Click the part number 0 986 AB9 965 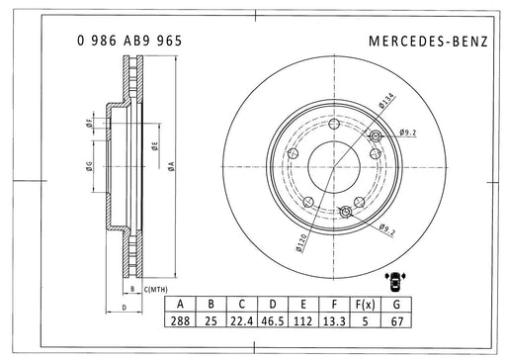pos(129,41)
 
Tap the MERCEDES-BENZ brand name pos(428,42)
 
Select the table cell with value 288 pos(180,320)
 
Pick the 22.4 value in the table pos(242,320)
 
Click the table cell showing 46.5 pos(273,320)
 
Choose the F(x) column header pos(365,304)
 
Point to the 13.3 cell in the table pos(334,320)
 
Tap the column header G pos(396,304)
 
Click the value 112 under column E pos(303,320)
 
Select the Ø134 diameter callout pos(386,100)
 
